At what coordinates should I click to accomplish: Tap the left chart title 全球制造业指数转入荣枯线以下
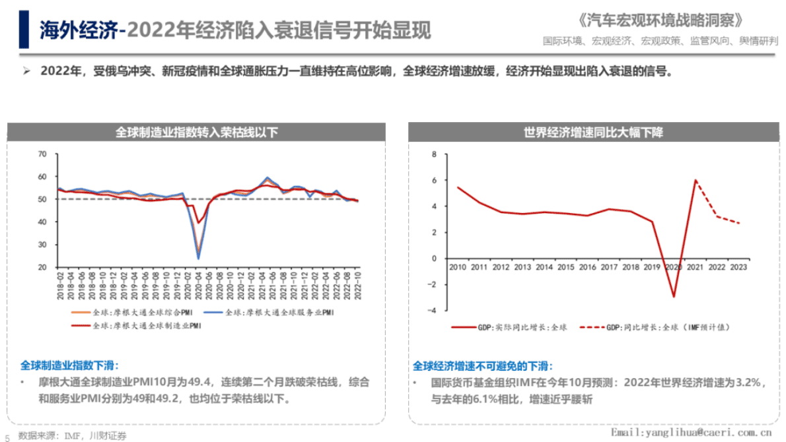197,132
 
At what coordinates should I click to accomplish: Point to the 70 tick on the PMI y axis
43,154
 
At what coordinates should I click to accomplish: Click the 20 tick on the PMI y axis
43,267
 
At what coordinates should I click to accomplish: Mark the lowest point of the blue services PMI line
198,258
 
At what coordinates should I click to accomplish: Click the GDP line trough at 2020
674,296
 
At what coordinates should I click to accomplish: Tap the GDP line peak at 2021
696,180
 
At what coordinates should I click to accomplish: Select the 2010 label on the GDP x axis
457,267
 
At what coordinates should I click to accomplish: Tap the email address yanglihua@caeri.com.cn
691,432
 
